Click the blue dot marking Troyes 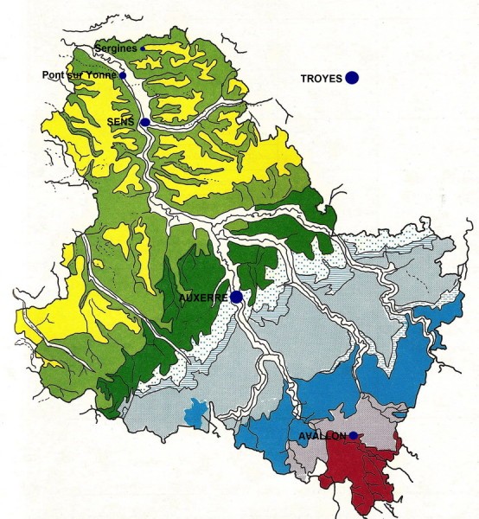click(352, 78)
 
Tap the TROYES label click(322, 79)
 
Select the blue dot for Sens click(145, 123)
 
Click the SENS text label click(121, 123)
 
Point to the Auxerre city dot click(236, 297)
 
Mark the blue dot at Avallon click(353, 435)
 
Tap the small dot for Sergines click(143, 48)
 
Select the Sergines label click(118, 48)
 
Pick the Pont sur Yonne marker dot click(124, 75)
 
